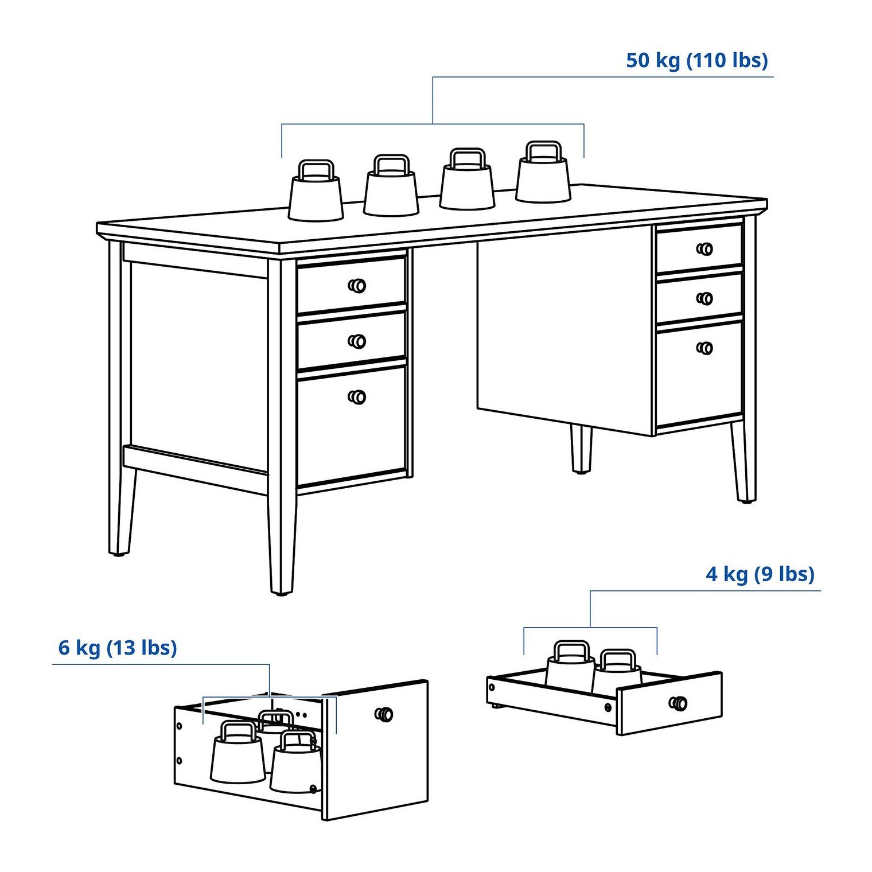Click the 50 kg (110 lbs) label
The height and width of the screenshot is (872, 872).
(696, 61)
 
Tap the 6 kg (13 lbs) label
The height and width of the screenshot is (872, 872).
(118, 648)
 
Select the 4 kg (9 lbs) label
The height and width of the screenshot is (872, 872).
(760, 574)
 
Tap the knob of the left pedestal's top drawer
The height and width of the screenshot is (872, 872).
(357, 286)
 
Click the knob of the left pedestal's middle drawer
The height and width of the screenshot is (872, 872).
(357, 341)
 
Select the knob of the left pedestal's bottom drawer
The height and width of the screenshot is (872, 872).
(357, 397)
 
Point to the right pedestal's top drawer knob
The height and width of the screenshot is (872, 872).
(704, 249)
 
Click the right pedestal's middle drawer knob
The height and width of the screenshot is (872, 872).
(704, 298)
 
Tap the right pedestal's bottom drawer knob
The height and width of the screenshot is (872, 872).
(704, 348)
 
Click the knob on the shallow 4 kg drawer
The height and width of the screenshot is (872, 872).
(678, 703)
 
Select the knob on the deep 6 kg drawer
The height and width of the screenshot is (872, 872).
(384, 714)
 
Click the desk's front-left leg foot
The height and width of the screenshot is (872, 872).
(281, 593)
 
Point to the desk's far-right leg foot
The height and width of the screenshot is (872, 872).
(746, 501)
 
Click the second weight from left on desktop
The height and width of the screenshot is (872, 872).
(391, 185)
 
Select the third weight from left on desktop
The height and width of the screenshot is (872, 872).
(467, 179)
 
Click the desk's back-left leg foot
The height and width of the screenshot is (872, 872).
(119, 554)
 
